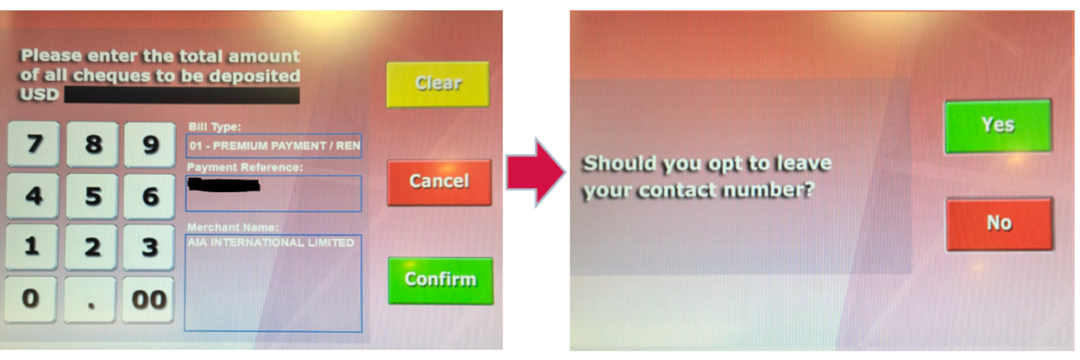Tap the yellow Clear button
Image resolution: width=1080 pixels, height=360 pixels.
438,84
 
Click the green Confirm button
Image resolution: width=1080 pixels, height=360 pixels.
440,281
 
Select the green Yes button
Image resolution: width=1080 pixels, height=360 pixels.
997,126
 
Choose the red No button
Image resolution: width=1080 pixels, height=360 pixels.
999,224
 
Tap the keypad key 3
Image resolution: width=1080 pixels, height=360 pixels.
149,248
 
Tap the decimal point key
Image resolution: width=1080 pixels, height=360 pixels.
91,300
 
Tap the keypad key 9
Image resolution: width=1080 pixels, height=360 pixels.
150,145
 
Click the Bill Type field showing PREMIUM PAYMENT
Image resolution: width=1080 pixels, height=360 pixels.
274,146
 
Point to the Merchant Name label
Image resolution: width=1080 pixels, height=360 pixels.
233,227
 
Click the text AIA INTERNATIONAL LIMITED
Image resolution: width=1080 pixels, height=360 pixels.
271,243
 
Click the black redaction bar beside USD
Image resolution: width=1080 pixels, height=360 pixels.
181,95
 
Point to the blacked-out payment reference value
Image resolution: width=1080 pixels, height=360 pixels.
224,184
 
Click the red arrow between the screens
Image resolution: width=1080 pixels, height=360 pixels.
535,172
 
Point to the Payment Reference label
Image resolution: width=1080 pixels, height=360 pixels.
245,167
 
